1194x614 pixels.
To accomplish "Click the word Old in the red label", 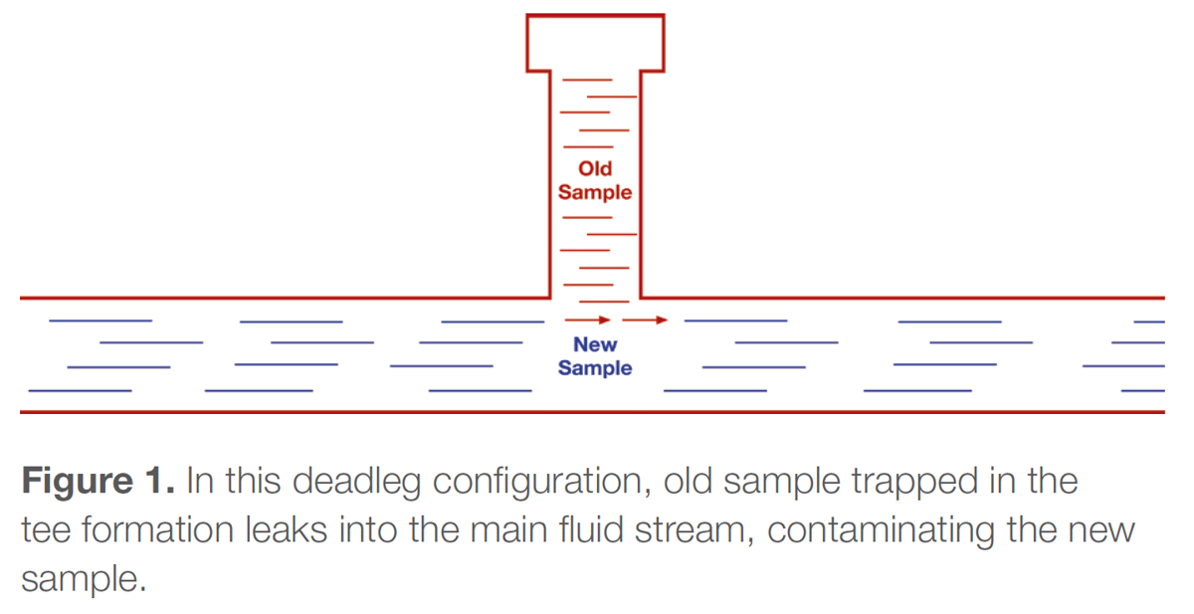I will click(x=595, y=169).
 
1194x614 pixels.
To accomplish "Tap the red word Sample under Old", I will click(x=595, y=192).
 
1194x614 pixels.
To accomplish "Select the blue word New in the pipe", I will click(x=595, y=345).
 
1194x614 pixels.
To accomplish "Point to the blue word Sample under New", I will click(x=595, y=368).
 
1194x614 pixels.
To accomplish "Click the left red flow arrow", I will click(x=588, y=319).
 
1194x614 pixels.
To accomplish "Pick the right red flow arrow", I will click(x=646, y=319).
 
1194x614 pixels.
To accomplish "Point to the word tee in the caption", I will click(x=44, y=530).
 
